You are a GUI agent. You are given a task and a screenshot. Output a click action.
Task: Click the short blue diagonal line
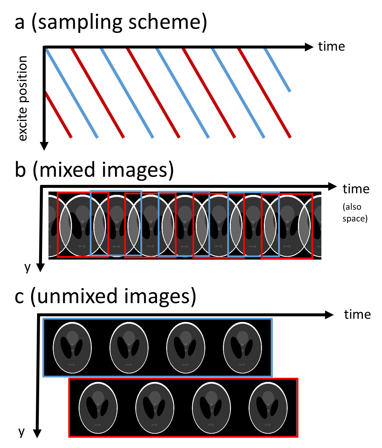(x=277, y=70)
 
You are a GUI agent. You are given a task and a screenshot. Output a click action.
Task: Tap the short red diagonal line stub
(x=59, y=115)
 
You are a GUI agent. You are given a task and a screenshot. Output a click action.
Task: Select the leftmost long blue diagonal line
(x=72, y=93)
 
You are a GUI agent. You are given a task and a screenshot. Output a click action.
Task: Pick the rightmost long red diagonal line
(x=264, y=93)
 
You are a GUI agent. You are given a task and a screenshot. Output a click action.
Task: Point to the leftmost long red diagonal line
(x=98, y=93)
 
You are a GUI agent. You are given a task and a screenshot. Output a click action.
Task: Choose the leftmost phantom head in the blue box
(x=72, y=348)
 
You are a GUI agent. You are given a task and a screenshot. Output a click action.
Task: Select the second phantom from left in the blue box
(x=129, y=348)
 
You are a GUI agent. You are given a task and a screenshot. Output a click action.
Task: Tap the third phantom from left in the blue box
(x=186, y=348)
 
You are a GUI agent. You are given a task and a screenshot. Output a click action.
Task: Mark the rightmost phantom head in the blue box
(x=243, y=348)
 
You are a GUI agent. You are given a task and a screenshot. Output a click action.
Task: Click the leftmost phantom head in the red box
(x=98, y=408)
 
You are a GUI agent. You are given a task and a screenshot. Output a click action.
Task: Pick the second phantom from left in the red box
(x=155, y=408)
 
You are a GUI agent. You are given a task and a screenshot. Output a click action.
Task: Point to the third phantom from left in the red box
(x=211, y=408)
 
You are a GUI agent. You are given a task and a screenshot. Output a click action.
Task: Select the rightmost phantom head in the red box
(x=268, y=408)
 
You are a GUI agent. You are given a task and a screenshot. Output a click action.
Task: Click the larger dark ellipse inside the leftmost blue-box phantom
(x=66, y=348)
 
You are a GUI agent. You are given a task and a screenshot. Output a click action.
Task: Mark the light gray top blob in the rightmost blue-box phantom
(x=243, y=337)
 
